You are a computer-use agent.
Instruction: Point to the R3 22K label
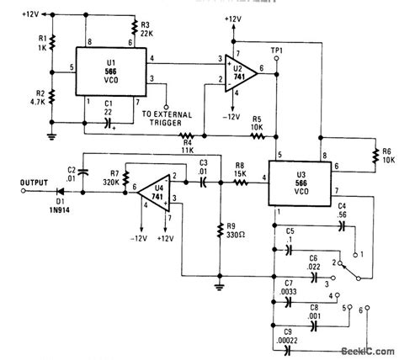click(x=147, y=32)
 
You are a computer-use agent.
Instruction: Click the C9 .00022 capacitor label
click(x=295, y=340)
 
